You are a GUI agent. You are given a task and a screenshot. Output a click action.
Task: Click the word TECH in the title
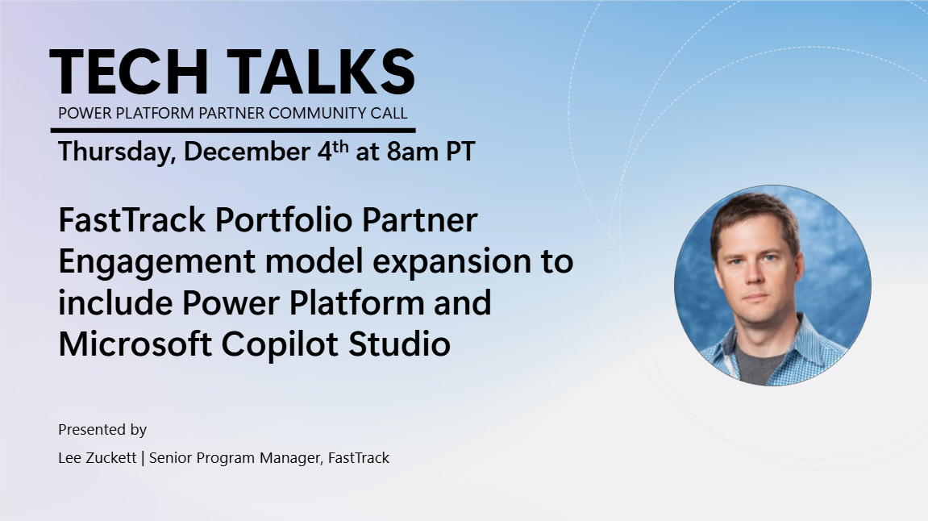pos(129,72)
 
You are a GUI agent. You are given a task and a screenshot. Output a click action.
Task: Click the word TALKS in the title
pos(322,72)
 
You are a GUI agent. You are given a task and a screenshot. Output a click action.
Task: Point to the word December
pos(247,152)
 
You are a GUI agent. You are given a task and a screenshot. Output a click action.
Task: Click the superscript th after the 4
pos(340,146)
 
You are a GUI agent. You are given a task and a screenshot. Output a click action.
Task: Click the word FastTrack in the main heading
pos(132,220)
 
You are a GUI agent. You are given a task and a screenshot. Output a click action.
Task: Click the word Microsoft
pos(135,344)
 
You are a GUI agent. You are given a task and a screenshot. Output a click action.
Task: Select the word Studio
pos(399,344)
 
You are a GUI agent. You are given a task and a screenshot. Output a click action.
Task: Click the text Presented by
pos(102,430)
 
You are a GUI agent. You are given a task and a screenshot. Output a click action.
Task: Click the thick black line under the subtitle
pos(233,131)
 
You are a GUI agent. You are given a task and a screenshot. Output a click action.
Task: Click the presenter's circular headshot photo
pos(772,286)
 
